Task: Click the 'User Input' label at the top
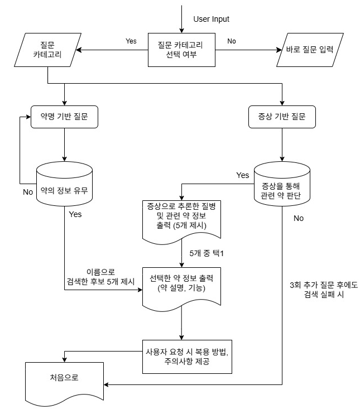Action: pos(211,19)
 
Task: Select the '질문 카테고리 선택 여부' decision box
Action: pos(181,50)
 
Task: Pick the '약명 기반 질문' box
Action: pos(65,118)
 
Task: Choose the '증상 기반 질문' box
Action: pos(282,118)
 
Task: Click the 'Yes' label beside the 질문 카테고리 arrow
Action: pos(131,41)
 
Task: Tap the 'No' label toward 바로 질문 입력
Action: pos(232,41)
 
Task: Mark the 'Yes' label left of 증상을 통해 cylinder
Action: pos(243,175)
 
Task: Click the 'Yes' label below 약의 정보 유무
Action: pos(75,214)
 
